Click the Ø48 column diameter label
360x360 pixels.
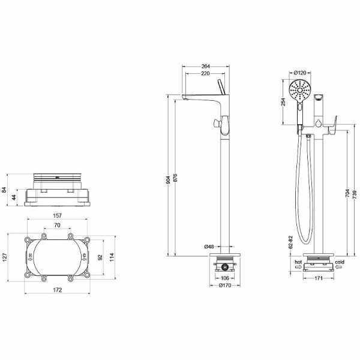(209, 247)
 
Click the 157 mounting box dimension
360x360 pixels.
(56, 217)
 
